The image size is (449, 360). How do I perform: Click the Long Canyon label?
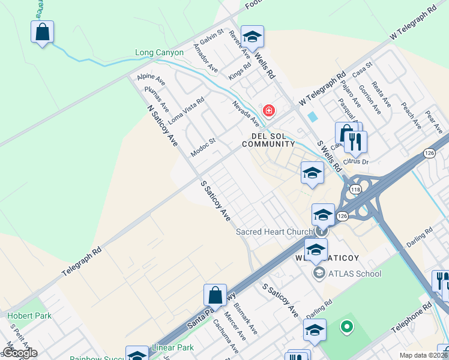point(159,53)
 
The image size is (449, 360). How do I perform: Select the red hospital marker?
point(269,111)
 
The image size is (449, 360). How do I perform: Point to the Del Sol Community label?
point(268,140)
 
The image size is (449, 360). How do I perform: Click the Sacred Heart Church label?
point(274,232)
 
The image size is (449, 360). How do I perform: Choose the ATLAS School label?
point(354,274)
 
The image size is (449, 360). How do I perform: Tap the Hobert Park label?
point(29,316)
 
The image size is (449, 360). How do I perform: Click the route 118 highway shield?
point(355,189)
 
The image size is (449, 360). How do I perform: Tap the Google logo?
point(19,353)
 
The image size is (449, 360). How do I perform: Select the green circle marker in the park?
point(346,327)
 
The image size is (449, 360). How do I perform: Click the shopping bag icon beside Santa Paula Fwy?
point(215,295)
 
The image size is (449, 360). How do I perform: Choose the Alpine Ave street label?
point(151,78)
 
